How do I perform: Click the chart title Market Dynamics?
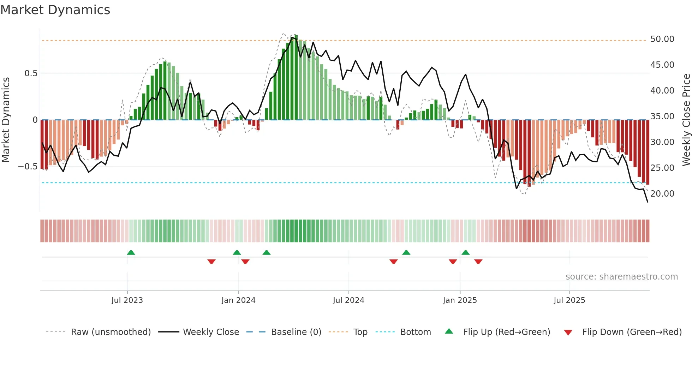(x=55, y=10)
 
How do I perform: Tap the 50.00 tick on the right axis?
(x=662, y=39)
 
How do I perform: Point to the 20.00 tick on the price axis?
(x=662, y=194)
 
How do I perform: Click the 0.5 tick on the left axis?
(x=31, y=73)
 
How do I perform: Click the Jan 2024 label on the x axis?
(x=238, y=300)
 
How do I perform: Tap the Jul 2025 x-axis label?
(x=569, y=300)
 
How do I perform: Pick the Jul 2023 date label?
(x=127, y=300)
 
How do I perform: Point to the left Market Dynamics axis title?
(x=6, y=120)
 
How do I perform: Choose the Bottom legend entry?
(x=415, y=332)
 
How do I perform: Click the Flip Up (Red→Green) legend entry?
(x=506, y=332)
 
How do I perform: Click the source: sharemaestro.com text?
(x=621, y=277)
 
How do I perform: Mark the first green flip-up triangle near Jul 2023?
(x=131, y=252)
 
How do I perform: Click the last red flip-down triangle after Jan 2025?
(x=478, y=262)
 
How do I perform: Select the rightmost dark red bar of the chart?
(x=648, y=152)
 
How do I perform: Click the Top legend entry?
(x=360, y=332)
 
